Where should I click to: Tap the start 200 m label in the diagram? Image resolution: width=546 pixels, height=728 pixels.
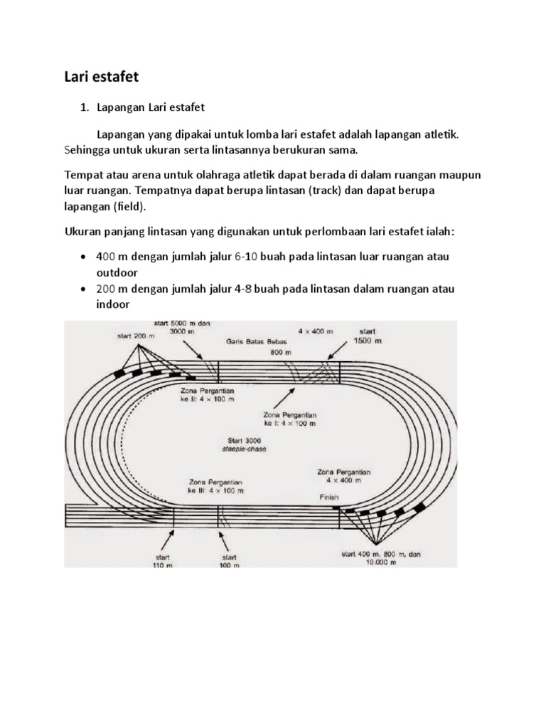point(135,336)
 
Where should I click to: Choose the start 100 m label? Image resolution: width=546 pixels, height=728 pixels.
point(228,562)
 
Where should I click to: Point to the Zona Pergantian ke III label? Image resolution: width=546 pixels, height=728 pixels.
point(216,486)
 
